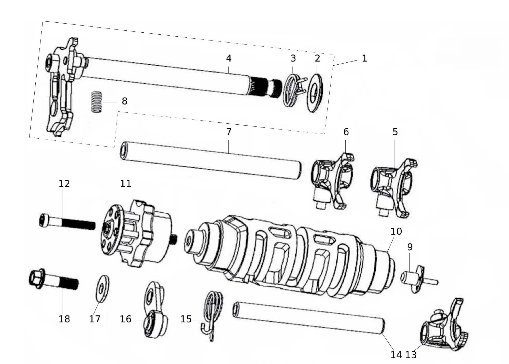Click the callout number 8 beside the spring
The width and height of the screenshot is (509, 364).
pyautogui.click(x=124, y=101)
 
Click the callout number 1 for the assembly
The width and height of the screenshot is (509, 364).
pyautogui.click(x=364, y=59)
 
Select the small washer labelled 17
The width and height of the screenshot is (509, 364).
pyautogui.click(x=102, y=288)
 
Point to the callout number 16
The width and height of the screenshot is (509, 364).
pyautogui.click(x=125, y=319)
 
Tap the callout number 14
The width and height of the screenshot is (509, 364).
pyautogui.click(x=396, y=355)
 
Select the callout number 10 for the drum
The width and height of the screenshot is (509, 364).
pyautogui.click(x=396, y=231)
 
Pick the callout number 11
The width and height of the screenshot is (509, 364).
pyautogui.click(x=126, y=184)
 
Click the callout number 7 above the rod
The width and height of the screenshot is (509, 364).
pyautogui.click(x=229, y=132)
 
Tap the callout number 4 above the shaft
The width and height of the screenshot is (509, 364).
pyautogui.click(x=229, y=59)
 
